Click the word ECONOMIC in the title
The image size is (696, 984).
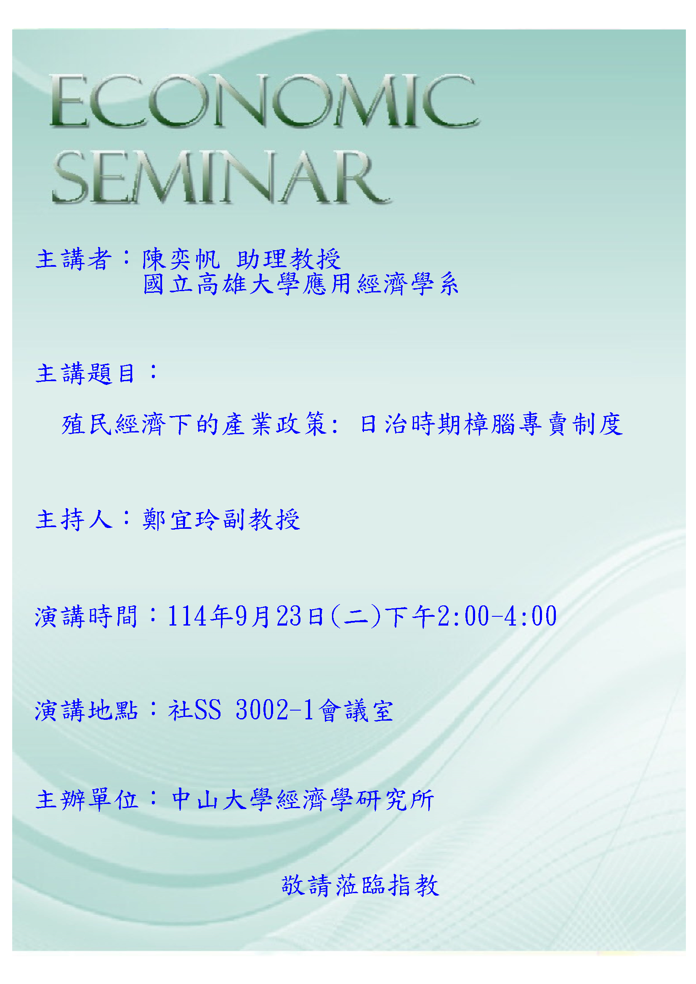[264, 101]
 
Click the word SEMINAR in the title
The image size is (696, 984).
[221, 177]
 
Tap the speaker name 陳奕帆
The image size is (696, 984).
[181, 259]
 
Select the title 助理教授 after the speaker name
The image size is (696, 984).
[288, 259]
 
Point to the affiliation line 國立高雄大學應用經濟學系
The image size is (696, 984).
[301, 284]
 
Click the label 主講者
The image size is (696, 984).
[74, 259]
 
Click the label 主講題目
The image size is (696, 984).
[85, 373]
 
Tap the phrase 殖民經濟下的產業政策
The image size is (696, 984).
[195, 424]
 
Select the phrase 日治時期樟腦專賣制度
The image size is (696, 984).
[491, 424]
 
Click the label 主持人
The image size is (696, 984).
[74, 520]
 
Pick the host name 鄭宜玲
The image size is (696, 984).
[182, 520]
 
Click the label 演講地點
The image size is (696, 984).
[86, 710]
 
